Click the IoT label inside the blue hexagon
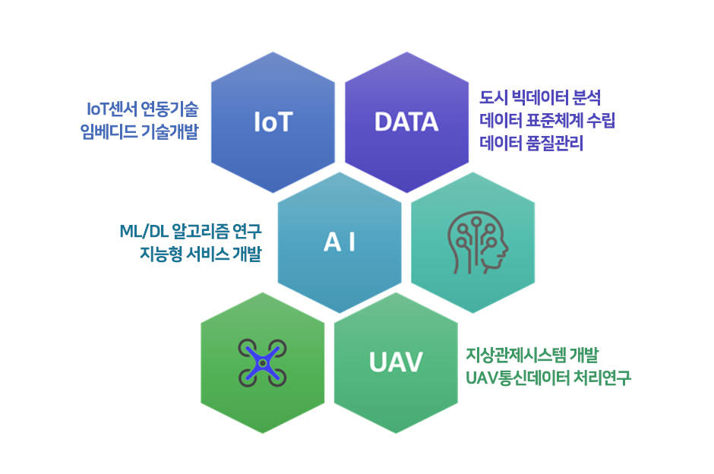tap(273, 122)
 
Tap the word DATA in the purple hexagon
tap(406, 122)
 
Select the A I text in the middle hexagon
tap(340, 242)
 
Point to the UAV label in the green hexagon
tap(396, 362)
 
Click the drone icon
tap(262, 363)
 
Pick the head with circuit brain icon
tap(478, 242)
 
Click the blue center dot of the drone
tap(262, 363)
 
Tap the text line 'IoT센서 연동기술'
tap(143, 109)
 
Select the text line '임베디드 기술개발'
tap(139, 131)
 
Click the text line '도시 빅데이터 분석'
tap(540, 97)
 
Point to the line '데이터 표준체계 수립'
tap(548, 120)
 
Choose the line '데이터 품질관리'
tap(532, 143)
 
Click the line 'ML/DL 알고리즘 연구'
tap(191, 232)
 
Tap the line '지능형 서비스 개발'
tap(201, 254)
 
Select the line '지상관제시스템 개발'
tap(532, 355)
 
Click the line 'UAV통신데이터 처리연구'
tap(548, 378)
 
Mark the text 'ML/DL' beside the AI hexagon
tap(144, 232)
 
